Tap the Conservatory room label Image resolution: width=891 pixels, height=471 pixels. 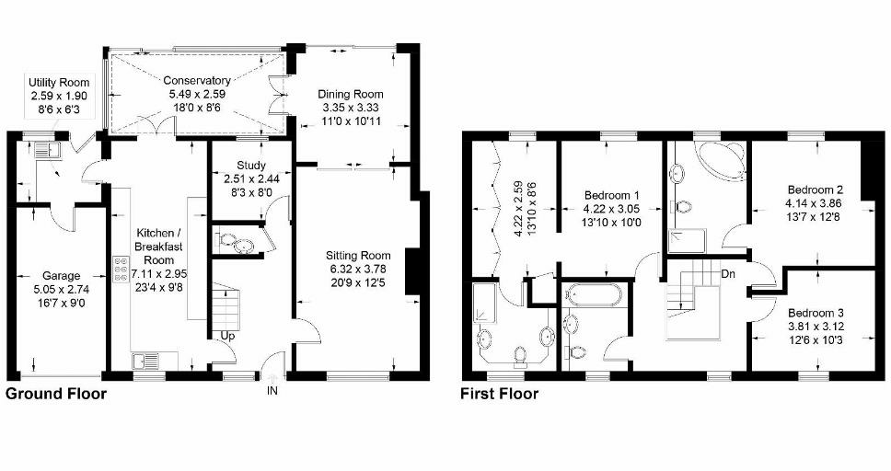coord(197,81)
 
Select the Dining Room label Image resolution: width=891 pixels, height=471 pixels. coord(350,95)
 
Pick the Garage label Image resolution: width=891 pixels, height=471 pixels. coord(62,275)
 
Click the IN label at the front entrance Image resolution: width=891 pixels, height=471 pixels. coord(272,392)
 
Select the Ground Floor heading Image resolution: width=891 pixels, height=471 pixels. coord(56,394)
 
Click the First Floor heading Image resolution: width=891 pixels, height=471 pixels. coord(500,394)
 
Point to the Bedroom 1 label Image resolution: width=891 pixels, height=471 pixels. coord(610,196)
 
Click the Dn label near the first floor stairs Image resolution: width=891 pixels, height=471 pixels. coord(728,273)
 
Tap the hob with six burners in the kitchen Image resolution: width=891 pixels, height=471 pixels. coord(120,269)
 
